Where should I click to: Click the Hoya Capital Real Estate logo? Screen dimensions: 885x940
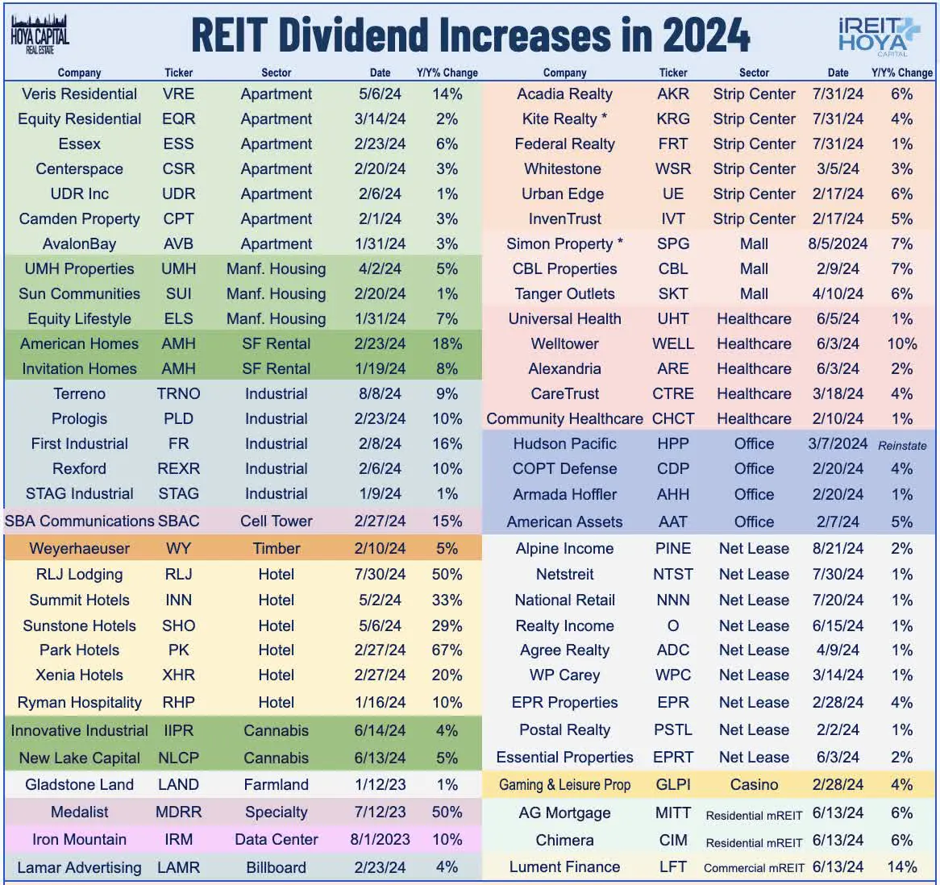40,34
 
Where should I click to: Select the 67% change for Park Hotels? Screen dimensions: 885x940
447,650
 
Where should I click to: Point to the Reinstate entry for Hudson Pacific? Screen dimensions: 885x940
902,445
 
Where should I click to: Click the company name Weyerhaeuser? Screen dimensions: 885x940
79,548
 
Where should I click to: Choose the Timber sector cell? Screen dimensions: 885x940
276,548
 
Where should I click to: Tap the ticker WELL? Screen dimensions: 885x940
672,343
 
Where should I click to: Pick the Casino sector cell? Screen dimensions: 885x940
754,784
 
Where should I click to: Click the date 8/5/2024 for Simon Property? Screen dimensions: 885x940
838,243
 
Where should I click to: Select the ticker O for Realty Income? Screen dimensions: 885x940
672,625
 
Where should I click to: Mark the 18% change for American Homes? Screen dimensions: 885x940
447,343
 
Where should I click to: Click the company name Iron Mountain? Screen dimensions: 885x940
79,839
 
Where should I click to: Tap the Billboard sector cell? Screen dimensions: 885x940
276,867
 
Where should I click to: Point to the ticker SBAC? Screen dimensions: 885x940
178,521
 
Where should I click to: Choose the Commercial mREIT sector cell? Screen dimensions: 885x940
754,868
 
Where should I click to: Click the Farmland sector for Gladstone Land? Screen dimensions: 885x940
276,784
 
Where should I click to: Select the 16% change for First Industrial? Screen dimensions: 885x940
447,443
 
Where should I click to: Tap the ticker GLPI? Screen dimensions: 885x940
672,784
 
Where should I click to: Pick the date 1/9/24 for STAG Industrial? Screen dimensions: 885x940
380,493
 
